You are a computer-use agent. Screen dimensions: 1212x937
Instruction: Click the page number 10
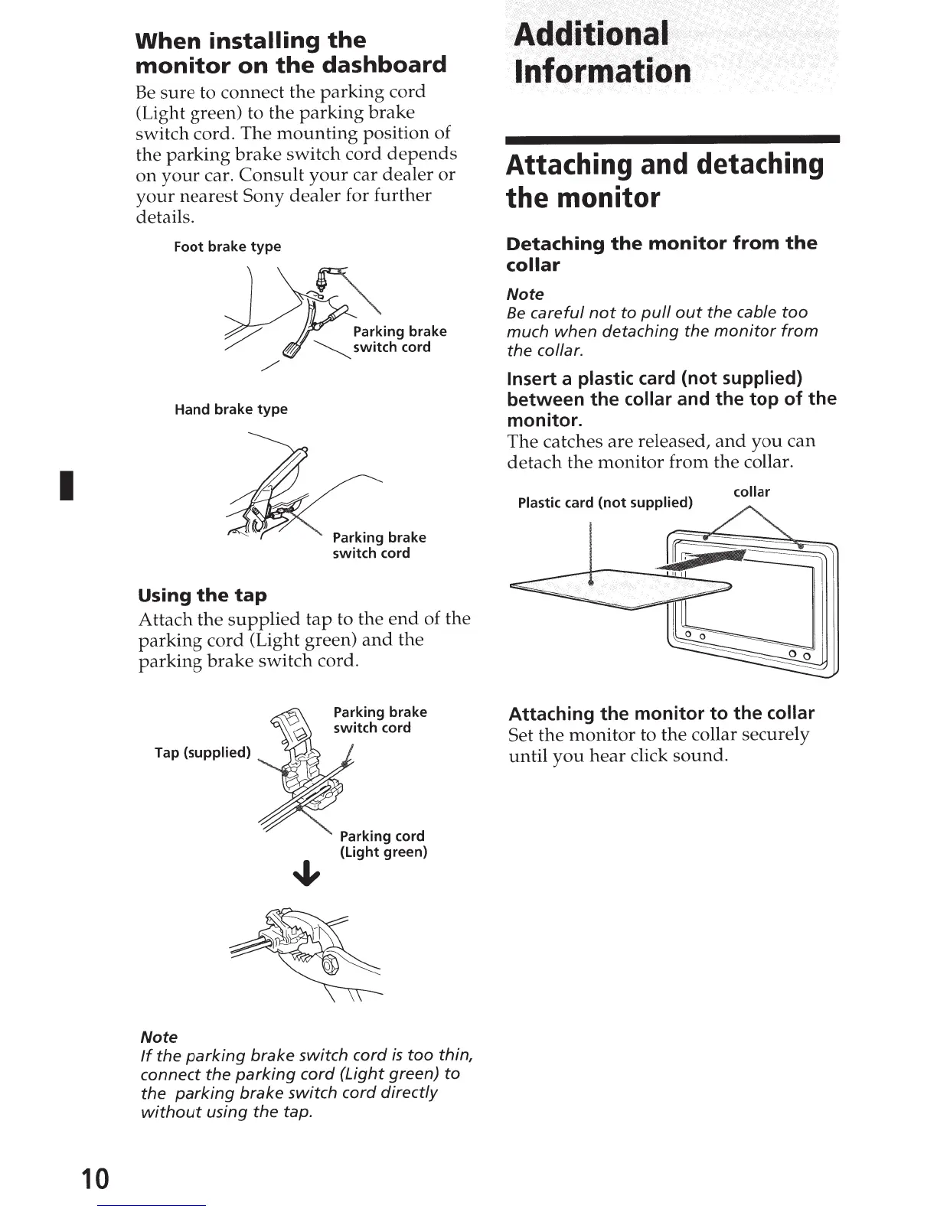coord(96,1178)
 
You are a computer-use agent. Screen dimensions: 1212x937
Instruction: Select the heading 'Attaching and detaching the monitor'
coord(664,181)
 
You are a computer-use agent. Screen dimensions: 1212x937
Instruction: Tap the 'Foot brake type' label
coord(227,246)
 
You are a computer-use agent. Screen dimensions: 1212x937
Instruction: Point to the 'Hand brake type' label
coord(230,409)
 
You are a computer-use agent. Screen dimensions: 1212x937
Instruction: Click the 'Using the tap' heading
coord(202,595)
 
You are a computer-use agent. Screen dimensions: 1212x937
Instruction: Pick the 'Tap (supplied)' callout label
coord(202,752)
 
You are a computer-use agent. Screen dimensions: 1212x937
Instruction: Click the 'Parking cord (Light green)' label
coord(383,844)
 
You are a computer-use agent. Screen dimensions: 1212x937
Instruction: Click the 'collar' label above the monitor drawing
coord(751,492)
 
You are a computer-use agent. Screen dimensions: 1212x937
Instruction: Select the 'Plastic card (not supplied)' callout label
coord(605,503)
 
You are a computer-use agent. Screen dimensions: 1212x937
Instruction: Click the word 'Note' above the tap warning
coord(159,1037)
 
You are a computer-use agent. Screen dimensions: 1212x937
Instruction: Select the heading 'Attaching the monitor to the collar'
coord(661,713)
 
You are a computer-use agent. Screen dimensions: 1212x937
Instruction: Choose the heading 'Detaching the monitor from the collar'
coord(661,254)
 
